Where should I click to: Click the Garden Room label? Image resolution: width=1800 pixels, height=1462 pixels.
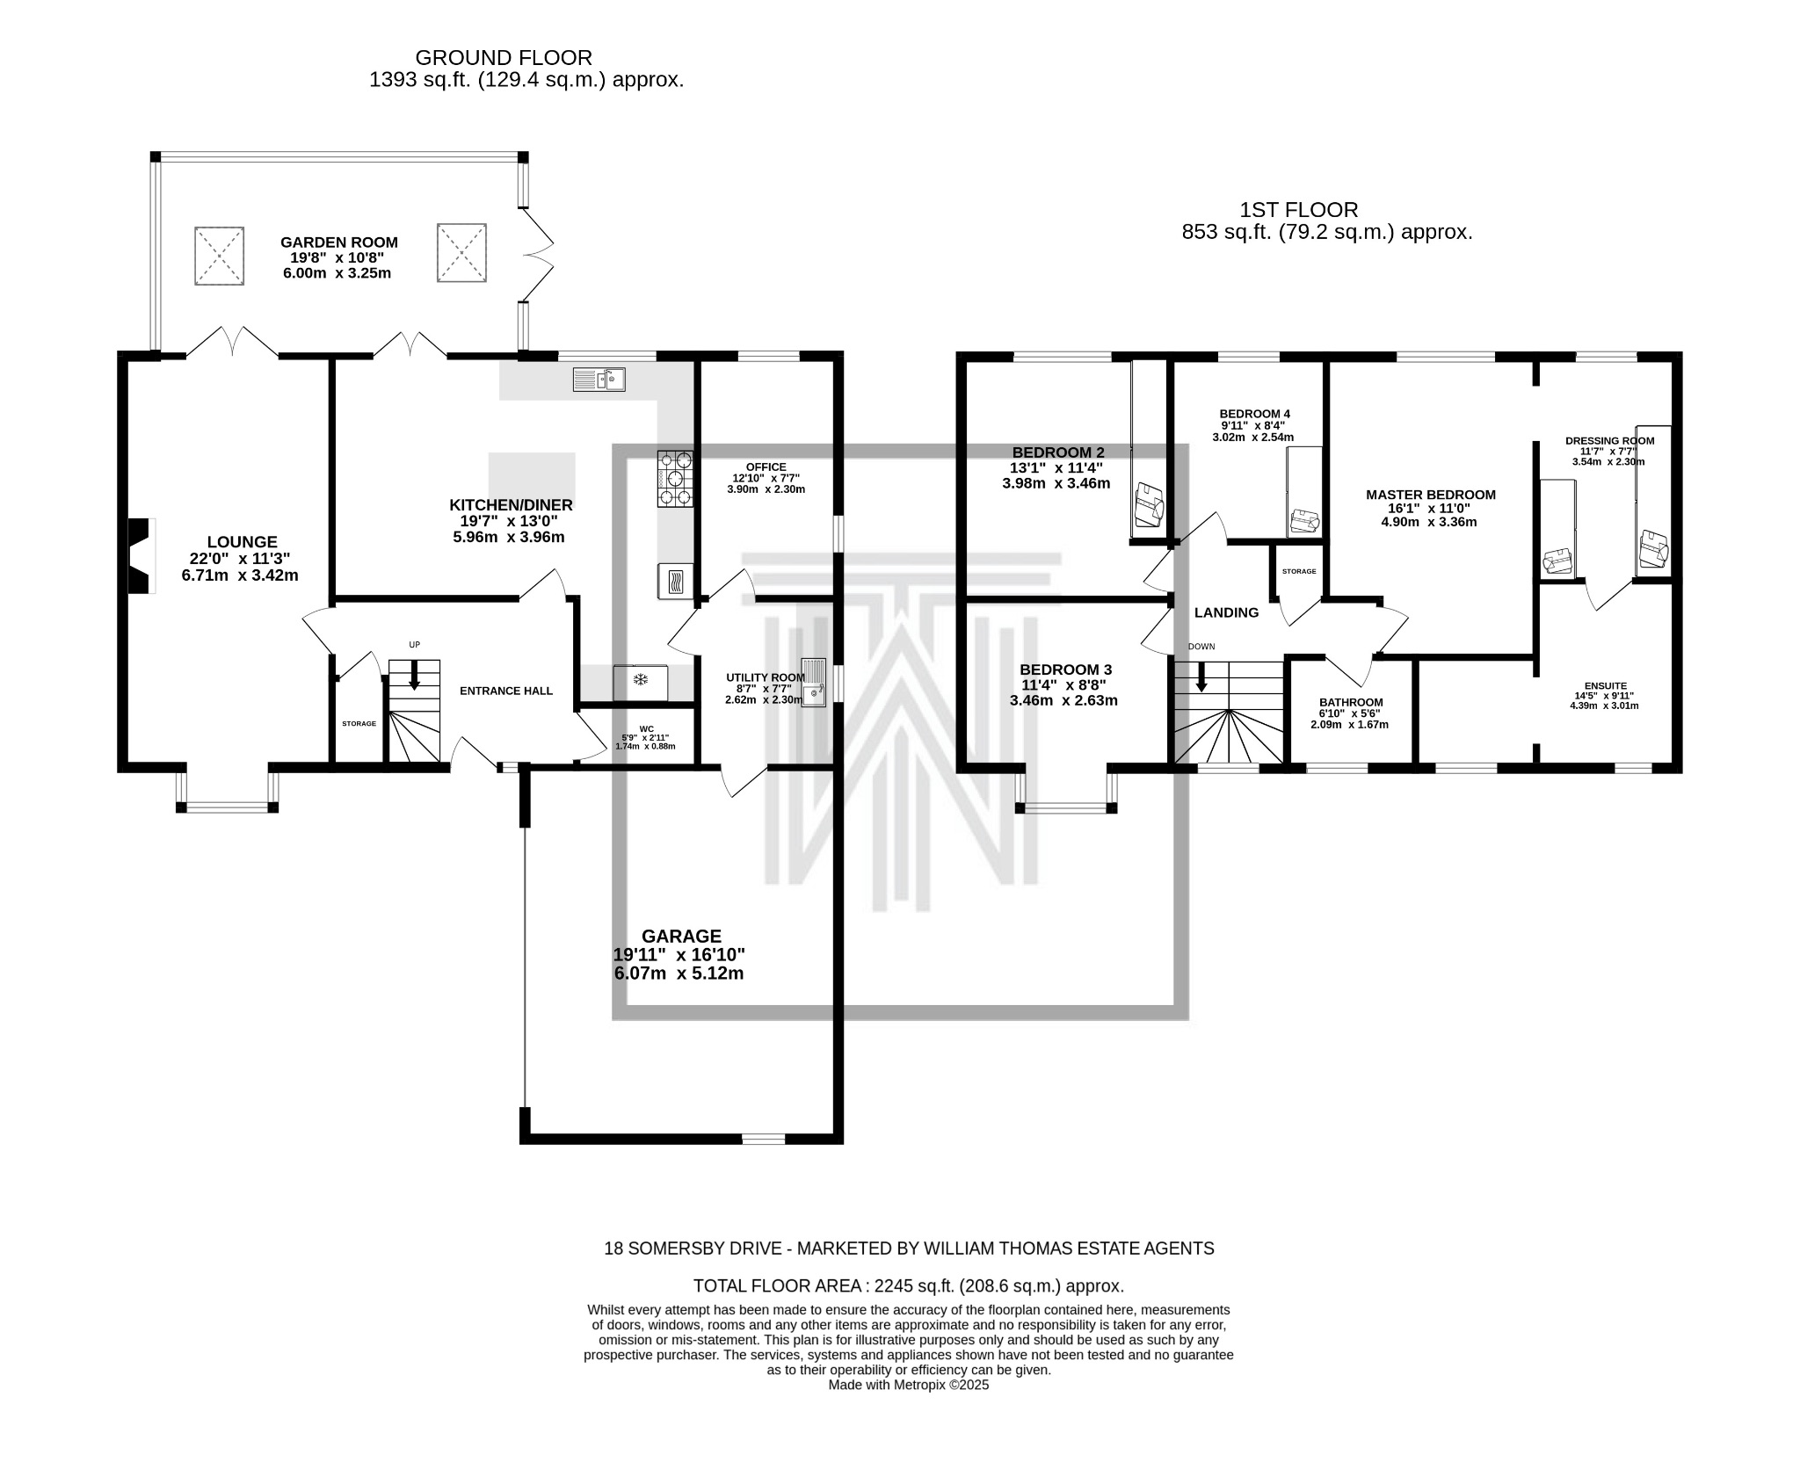point(338,242)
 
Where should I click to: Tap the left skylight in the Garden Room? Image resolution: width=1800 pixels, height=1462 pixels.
point(219,255)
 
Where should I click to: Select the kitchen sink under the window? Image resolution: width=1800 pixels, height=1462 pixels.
point(599,380)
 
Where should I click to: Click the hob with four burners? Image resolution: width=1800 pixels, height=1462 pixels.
point(675,479)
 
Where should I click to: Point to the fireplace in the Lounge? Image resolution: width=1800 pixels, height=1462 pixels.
point(141,556)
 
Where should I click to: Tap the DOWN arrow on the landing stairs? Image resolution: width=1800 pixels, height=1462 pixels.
point(1201,677)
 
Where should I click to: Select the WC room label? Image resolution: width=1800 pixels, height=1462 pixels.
point(646,728)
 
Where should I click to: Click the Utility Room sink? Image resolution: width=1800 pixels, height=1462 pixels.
point(814,683)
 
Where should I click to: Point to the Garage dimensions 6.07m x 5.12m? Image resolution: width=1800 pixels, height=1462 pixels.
point(679,973)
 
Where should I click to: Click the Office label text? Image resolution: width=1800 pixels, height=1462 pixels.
point(766,467)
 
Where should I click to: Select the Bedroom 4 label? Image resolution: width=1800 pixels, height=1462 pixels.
point(1254,414)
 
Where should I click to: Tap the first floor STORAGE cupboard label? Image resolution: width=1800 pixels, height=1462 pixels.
point(1298,572)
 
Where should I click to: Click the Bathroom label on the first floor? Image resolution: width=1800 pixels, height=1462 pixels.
point(1350,702)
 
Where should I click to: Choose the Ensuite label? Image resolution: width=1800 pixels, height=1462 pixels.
point(1605,686)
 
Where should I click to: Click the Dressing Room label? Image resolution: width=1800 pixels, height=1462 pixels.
point(1609,441)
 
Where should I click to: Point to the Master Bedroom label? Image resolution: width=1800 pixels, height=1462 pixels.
point(1430,495)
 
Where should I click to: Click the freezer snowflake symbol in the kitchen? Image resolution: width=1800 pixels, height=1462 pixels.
point(641,679)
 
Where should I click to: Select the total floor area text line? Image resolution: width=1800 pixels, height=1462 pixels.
point(908,1286)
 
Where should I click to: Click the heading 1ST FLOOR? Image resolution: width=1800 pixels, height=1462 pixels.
point(1298,210)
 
